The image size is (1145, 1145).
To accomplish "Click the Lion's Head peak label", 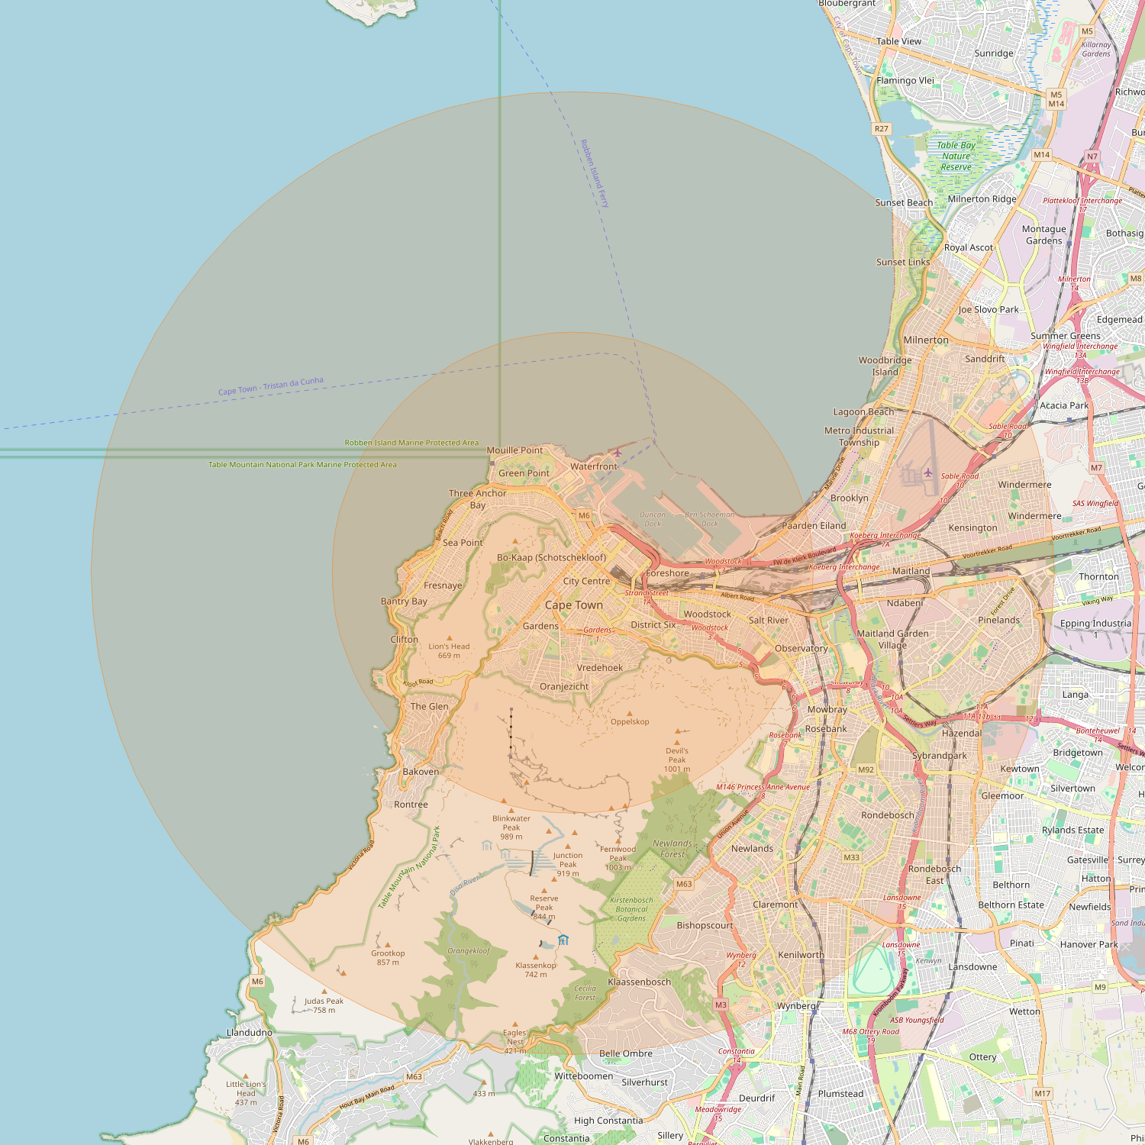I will pyautogui.click(x=449, y=650).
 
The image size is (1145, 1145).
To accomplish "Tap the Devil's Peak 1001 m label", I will pyautogui.click(x=677, y=760).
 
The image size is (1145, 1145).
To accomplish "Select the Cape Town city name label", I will pyautogui.click(x=573, y=605).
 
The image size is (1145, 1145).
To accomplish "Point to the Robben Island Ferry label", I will pyautogui.click(x=595, y=174).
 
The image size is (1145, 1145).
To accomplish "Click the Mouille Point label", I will pyautogui.click(x=514, y=450).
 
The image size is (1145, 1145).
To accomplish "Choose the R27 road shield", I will pyautogui.click(x=882, y=129).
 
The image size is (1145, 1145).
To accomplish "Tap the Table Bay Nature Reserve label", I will pyautogui.click(x=956, y=156).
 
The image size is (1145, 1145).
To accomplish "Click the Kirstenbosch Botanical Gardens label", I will pyautogui.click(x=631, y=909).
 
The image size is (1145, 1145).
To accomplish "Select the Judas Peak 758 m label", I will pyautogui.click(x=324, y=1005).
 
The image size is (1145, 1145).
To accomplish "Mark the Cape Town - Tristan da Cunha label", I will pyautogui.click(x=271, y=386).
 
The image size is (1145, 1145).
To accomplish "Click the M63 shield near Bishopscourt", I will pyautogui.click(x=684, y=884).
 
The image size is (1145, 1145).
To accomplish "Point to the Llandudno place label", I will pyautogui.click(x=250, y=1033).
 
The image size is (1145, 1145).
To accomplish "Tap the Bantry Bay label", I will pyautogui.click(x=404, y=602).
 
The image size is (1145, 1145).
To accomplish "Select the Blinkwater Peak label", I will pyautogui.click(x=511, y=827).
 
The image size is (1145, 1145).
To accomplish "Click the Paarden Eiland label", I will pyautogui.click(x=814, y=526).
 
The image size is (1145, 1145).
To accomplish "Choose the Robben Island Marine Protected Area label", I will pyautogui.click(x=411, y=443).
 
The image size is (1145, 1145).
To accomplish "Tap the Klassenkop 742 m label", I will pyautogui.click(x=536, y=969).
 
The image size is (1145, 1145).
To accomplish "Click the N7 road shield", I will pyautogui.click(x=1092, y=156).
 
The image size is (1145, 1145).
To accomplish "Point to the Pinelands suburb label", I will pyautogui.click(x=998, y=620).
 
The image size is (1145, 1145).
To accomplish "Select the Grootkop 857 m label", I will pyautogui.click(x=388, y=957).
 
